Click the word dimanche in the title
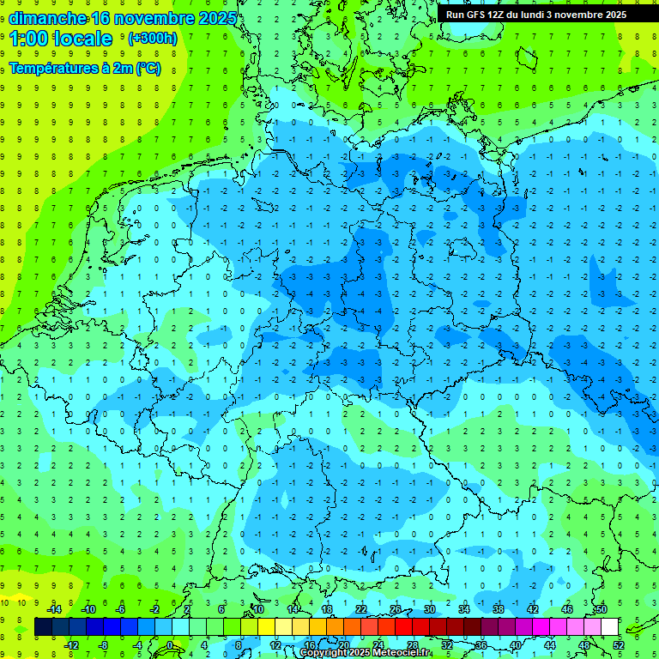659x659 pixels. (x=47, y=19)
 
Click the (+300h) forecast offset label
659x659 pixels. (x=154, y=39)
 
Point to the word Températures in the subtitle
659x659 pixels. (x=54, y=68)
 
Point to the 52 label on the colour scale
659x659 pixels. (x=619, y=644)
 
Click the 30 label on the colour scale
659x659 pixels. (x=430, y=609)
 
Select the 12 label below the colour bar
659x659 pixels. (x=275, y=644)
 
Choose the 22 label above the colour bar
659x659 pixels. (x=361, y=609)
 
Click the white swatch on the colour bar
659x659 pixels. (x=609, y=626)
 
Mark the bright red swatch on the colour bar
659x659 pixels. (x=403, y=626)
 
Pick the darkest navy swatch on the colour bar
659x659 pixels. (x=43, y=626)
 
